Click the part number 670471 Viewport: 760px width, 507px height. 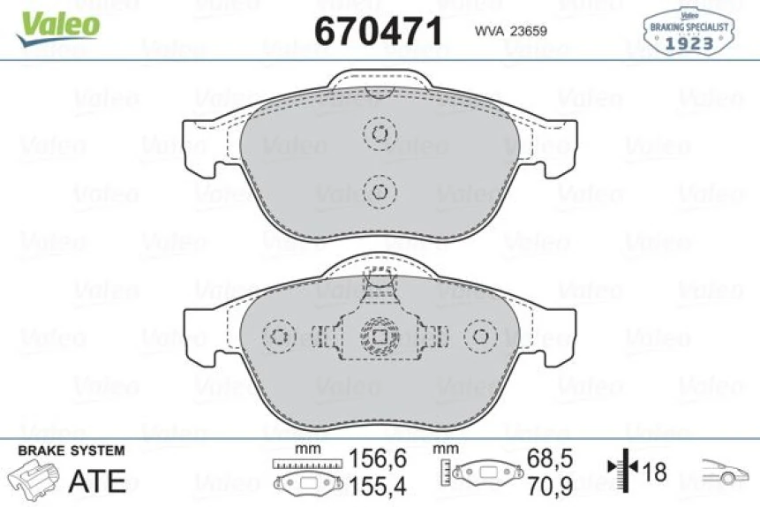378,32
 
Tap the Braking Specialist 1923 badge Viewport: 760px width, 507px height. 689,30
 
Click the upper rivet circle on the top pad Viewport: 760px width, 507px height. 380,134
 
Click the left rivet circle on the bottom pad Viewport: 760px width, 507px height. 280,337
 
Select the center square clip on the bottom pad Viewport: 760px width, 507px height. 380,337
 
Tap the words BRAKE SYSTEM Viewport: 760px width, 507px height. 71,450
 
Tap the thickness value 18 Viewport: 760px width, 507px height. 654,473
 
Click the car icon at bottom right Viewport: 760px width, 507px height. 724,473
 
